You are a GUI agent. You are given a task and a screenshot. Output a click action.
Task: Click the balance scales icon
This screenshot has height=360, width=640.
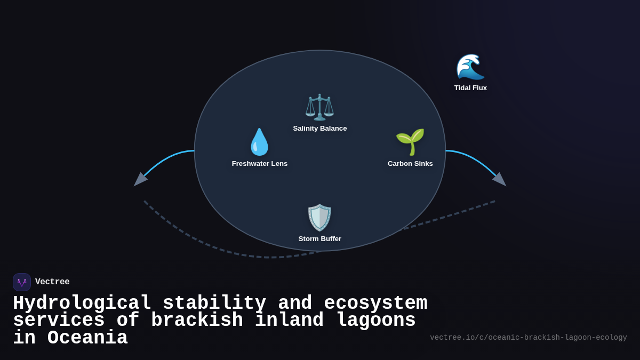pos(319,107)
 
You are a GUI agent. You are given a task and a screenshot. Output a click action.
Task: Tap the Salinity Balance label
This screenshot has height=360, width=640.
pos(319,129)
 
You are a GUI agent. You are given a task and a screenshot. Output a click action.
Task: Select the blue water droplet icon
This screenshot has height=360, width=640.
pos(259,142)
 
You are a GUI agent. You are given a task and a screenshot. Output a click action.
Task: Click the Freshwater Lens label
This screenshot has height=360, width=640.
pos(260,164)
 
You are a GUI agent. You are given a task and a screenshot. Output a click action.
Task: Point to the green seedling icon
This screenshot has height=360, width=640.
pos(410,142)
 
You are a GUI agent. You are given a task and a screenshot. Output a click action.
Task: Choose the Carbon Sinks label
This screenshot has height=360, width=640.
pos(410,164)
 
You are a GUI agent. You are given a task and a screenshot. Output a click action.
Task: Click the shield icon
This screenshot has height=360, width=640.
pos(319,218)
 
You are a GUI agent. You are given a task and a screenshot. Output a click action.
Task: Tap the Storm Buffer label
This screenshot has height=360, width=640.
pos(319,239)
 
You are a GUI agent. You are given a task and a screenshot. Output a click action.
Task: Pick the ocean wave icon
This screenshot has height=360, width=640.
pos(470,67)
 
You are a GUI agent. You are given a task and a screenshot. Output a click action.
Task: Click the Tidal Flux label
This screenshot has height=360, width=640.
pos(470,88)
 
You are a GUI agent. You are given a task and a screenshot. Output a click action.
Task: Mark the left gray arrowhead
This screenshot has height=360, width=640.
pos(139,180)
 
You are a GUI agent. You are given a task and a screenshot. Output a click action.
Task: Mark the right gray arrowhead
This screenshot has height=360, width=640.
pos(500,180)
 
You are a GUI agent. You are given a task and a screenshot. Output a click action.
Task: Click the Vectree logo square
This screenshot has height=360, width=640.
pos(22,282)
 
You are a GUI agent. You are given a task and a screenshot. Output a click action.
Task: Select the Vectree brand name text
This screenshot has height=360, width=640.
pos(52,282)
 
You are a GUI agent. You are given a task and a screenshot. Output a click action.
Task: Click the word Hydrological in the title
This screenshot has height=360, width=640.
pos(82,303)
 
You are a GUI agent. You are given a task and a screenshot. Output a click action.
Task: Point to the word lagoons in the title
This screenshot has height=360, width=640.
pos(375,321)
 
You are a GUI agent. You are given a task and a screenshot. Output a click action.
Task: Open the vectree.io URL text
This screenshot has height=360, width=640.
pos(528,338)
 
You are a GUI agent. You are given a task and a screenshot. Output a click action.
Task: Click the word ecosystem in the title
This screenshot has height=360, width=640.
pos(375,303)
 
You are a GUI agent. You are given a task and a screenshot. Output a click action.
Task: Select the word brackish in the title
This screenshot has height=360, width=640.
pos(197,321)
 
